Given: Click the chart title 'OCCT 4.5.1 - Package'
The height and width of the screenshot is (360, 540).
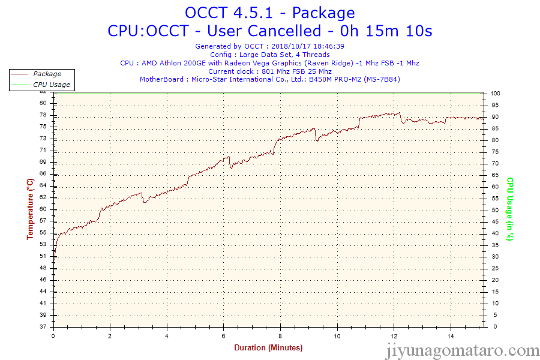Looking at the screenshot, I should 269,12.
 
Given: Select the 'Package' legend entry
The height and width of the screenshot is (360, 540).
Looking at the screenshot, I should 47,74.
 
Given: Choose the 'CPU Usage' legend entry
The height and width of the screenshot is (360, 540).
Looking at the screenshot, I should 51,85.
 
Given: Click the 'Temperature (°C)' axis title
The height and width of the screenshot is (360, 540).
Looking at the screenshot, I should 30,209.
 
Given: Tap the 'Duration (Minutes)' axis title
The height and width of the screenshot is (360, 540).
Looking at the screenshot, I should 268,348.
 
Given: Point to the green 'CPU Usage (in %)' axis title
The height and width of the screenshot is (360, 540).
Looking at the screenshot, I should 509,209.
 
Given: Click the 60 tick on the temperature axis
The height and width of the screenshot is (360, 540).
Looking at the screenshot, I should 43,209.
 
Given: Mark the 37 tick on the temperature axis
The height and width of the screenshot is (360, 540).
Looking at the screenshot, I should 43,327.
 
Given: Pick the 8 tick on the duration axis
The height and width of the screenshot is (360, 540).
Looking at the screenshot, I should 280,336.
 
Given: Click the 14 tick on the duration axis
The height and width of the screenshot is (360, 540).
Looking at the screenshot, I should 450,336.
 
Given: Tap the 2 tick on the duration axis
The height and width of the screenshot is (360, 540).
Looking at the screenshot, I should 110,336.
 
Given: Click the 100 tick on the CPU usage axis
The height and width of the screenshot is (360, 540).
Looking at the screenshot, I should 496,94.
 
